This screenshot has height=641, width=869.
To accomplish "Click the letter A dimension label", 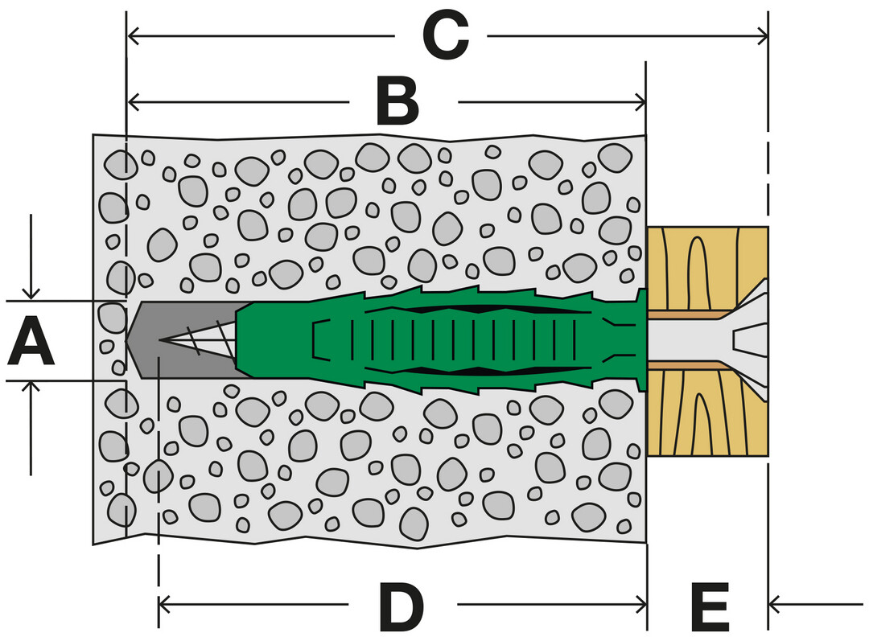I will pos(31,341).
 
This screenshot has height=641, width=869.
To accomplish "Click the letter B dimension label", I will pos(397,102).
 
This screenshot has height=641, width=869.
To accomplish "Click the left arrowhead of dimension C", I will pos(134,35).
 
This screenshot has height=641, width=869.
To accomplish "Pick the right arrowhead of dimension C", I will pos(763,35).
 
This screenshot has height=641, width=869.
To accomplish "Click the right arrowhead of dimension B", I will pos(640,102).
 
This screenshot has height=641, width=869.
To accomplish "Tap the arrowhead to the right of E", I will pos(776,602).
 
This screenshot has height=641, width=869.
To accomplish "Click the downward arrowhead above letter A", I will pos(31,294).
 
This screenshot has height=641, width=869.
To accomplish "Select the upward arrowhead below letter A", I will pos(31,388).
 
